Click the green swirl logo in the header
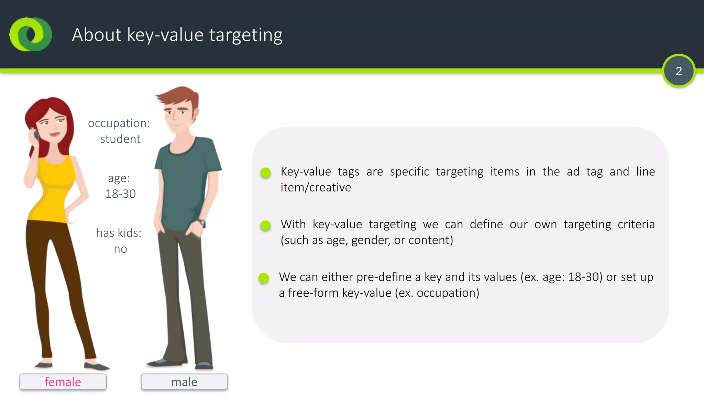[x=31, y=34]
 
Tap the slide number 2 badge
[x=679, y=71]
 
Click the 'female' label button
[x=63, y=382]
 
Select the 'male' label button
[x=184, y=382]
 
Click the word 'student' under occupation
[x=120, y=139]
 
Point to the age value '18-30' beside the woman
[x=121, y=194]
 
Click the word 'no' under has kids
[x=120, y=249]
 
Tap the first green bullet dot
[x=265, y=173]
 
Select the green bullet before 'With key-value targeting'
[x=265, y=225]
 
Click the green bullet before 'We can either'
[x=264, y=278]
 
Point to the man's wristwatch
[x=202, y=223]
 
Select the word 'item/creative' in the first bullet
[x=316, y=187]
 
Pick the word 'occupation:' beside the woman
[x=119, y=123]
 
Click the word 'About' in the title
[x=97, y=35]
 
